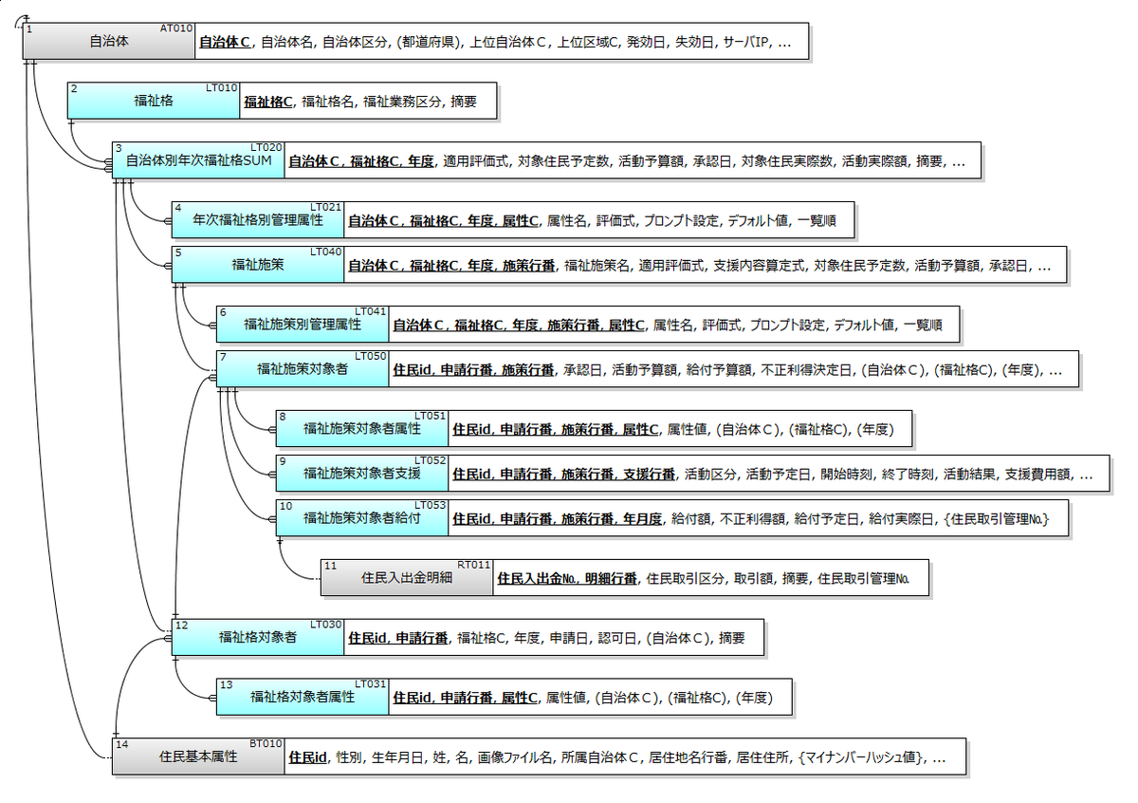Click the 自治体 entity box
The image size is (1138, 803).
[109, 42]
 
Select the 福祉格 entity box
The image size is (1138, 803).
[154, 101]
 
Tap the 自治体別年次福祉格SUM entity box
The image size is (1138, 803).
[198, 160]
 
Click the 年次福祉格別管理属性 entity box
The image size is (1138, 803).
[257, 220]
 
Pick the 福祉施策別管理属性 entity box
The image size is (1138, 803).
[302, 325]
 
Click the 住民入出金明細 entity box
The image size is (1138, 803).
[406, 577]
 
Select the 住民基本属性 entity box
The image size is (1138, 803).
[198, 757]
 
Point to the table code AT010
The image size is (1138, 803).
[177, 28]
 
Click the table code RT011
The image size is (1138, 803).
[474, 564]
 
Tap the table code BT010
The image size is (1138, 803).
[266, 743]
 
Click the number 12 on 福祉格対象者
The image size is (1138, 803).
[182, 625]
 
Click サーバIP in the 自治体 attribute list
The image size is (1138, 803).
[747, 43]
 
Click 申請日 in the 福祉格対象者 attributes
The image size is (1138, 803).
[569, 639]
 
